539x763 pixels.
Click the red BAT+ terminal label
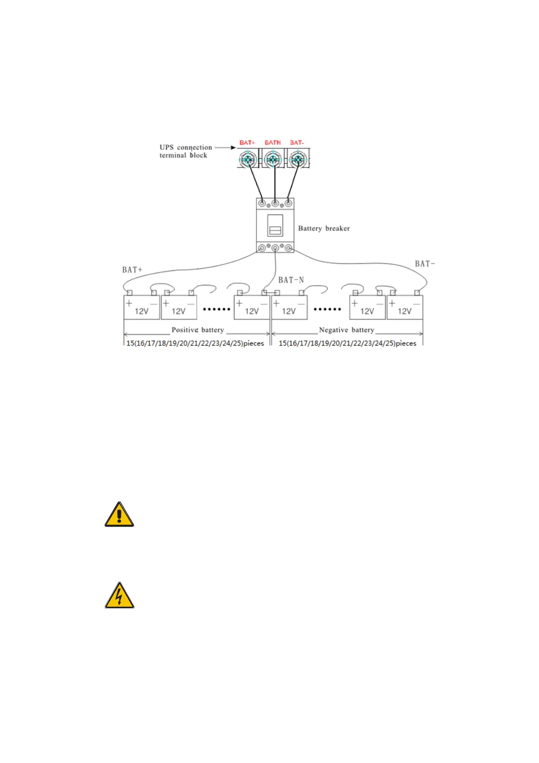point(247,143)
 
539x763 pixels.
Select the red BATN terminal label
point(273,143)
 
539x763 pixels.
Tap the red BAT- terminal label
point(297,143)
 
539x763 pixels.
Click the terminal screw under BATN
point(272,160)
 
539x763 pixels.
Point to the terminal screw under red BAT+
point(248,160)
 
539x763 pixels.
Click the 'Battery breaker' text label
point(324,228)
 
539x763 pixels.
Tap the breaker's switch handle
point(275,226)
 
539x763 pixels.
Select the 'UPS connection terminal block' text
point(185,151)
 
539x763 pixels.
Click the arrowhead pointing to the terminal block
point(233,148)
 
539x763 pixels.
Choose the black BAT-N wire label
point(291,280)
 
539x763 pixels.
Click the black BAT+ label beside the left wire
point(132,270)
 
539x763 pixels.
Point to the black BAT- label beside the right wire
point(424,264)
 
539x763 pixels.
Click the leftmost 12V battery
point(141,308)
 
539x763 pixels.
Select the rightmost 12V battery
point(404,308)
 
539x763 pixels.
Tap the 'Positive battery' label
point(197,330)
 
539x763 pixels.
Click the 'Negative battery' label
point(346,330)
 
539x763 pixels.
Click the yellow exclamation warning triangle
point(119,515)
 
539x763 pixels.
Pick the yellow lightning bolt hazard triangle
point(119,596)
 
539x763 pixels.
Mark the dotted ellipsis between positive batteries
point(217,309)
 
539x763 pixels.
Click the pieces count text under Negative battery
point(347,343)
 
